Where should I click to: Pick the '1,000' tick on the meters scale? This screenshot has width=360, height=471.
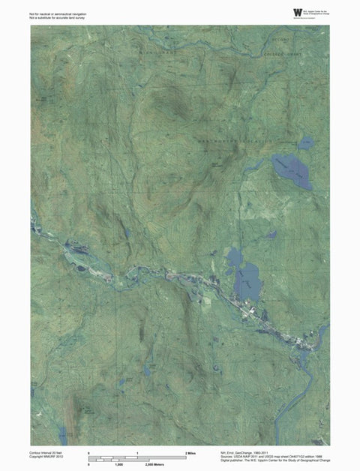pyautogui.click(x=118, y=465)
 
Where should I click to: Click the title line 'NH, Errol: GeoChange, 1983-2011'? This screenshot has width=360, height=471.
pyautogui.click(x=247, y=453)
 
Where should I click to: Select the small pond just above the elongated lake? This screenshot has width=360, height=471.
pyautogui.click(x=306, y=142)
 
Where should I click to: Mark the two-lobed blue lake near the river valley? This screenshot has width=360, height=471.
pyautogui.click(x=244, y=274)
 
